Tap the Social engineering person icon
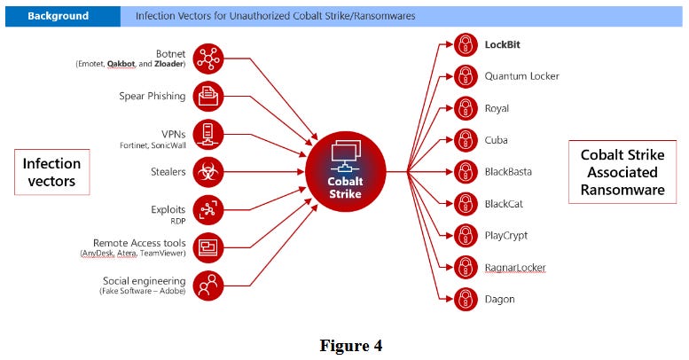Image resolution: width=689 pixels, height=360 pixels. click(x=207, y=286)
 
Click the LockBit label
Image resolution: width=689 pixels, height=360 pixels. click(x=506, y=44)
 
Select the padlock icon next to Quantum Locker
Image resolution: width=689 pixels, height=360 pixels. click(x=466, y=76)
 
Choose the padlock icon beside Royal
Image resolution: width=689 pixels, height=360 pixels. click(x=466, y=108)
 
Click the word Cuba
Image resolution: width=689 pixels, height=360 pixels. click(x=497, y=140)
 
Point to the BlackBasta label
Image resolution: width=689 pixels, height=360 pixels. click(x=508, y=172)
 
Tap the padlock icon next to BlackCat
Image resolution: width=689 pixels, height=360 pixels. click(x=466, y=204)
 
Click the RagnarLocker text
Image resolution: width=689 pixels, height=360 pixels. click(x=514, y=268)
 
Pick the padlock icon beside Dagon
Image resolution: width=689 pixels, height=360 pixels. click(x=466, y=300)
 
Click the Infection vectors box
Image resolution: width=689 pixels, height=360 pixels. click(x=51, y=173)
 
